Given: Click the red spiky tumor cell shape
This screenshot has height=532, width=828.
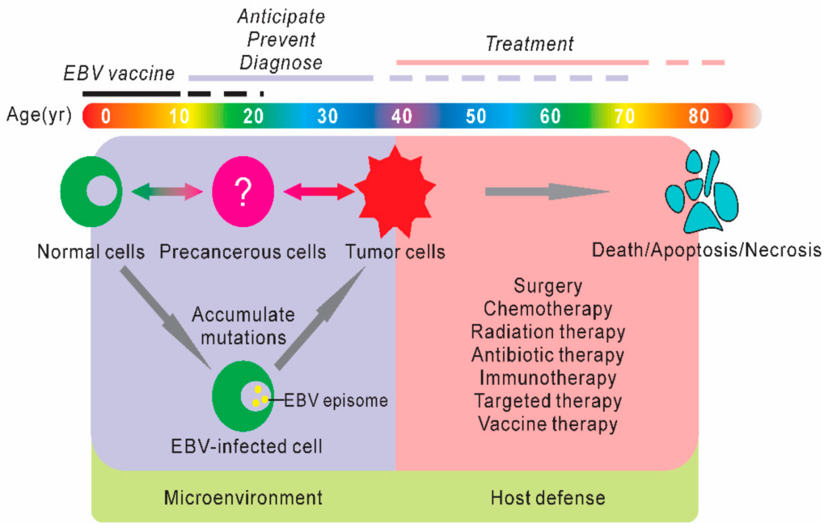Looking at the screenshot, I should pyautogui.click(x=395, y=192).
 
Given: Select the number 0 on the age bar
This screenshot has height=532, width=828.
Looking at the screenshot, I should pyautogui.click(x=105, y=116).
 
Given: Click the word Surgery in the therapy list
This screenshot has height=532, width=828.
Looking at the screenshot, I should pyautogui.click(x=547, y=285).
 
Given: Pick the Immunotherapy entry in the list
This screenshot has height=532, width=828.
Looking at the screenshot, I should pyautogui.click(x=547, y=378).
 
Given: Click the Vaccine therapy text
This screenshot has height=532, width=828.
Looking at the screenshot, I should pyautogui.click(x=547, y=424).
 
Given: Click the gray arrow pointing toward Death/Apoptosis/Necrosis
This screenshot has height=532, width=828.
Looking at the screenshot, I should pyautogui.click(x=546, y=192).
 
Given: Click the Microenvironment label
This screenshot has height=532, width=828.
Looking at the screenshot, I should pyautogui.click(x=243, y=496).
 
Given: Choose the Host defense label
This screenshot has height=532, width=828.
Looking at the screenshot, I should pyautogui.click(x=547, y=496).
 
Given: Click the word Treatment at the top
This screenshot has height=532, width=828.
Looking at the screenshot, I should pyautogui.click(x=529, y=43).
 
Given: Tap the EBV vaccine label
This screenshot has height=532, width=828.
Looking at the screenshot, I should pyautogui.click(x=119, y=74).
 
